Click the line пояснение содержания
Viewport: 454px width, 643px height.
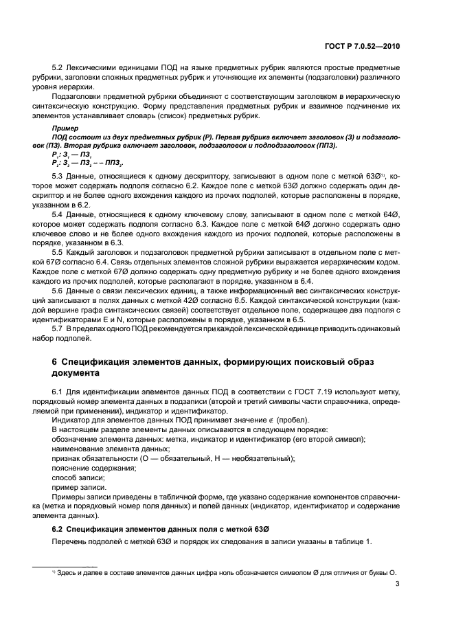click(93, 468)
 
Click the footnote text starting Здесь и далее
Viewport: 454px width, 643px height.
click(227, 572)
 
